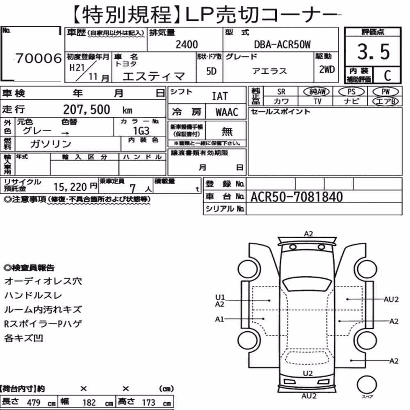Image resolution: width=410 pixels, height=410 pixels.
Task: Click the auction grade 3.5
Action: [x=374, y=52]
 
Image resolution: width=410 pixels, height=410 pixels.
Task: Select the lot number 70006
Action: [x=39, y=58]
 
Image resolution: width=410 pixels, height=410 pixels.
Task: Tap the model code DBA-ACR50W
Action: [x=282, y=44]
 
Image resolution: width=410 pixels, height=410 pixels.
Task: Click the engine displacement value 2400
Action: [x=187, y=44]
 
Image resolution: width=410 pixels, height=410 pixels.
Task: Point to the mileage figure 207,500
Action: [x=87, y=109]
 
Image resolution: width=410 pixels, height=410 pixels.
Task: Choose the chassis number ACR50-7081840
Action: [x=296, y=197]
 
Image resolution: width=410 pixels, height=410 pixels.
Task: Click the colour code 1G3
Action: [x=141, y=130]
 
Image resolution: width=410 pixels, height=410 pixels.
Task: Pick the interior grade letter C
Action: [x=387, y=75]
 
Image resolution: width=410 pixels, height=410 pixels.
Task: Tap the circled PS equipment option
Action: [x=351, y=92]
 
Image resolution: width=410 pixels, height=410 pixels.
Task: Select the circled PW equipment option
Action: [x=385, y=92]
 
